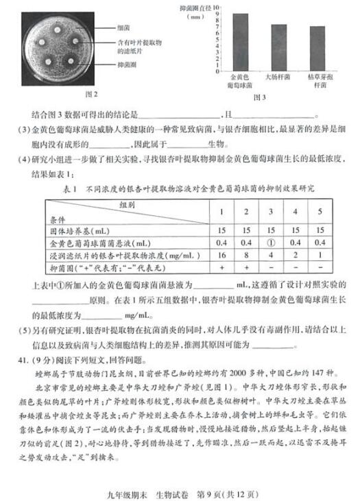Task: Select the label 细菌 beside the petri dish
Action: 123,27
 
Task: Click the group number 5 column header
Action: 319,211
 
